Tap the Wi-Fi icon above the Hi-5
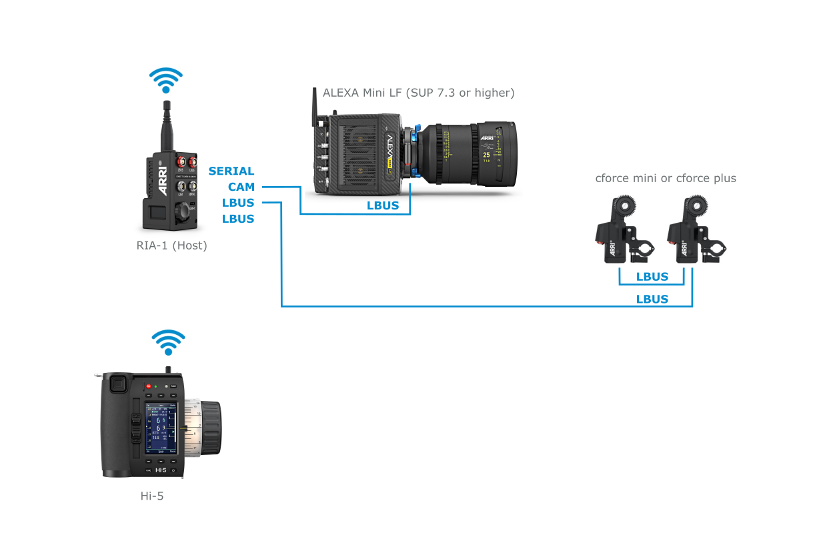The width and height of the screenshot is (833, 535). click(168, 342)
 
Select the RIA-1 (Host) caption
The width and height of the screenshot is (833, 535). click(171, 245)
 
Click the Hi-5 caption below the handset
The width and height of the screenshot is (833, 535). click(152, 496)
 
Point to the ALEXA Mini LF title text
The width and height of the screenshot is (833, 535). click(418, 93)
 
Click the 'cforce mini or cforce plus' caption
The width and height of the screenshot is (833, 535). click(666, 178)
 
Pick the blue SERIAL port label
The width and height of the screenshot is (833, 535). click(231, 171)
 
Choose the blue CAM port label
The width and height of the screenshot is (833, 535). click(241, 187)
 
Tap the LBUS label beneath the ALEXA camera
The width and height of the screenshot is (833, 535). click(383, 205)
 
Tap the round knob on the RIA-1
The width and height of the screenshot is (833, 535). click(181, 213)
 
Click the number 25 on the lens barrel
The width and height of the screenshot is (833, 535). click(486, 154)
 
